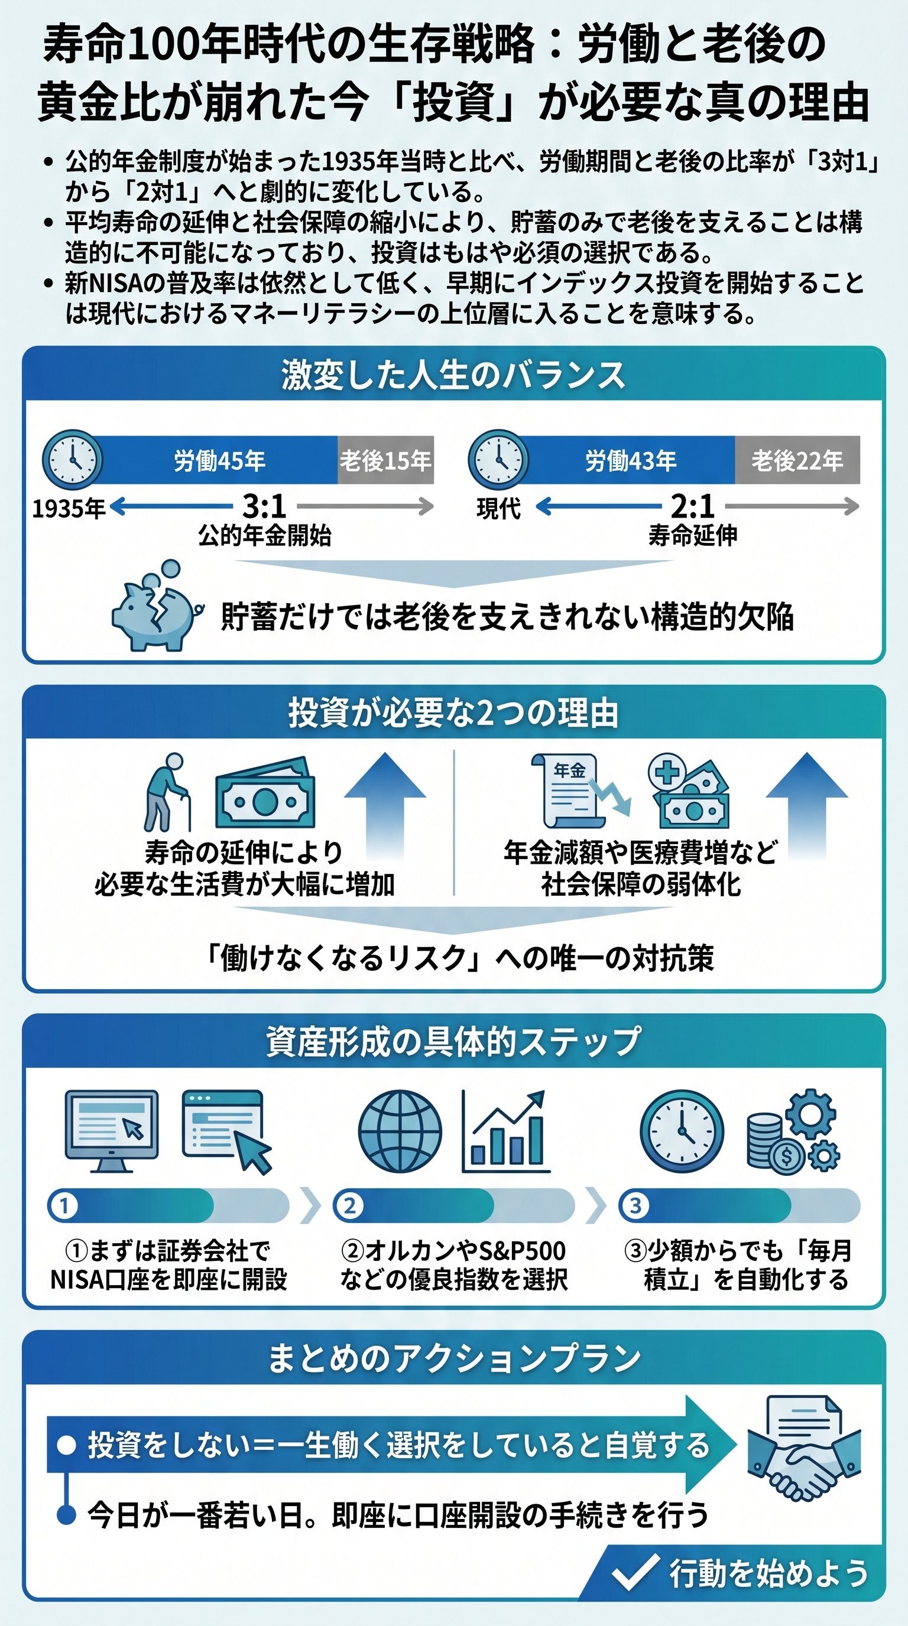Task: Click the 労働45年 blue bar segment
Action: tap(219, 460)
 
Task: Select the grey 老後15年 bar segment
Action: tap(385, 460)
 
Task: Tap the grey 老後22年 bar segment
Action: tap(797, 460)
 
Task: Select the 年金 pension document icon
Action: tap(566, 791)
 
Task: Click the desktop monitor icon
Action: tap(112, 1130)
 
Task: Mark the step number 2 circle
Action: tap(349, 1205)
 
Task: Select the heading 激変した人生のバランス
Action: tap(453, 375)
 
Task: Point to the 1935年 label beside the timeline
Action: tap(69, 508)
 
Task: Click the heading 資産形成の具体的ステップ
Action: tap(453, 1042)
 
